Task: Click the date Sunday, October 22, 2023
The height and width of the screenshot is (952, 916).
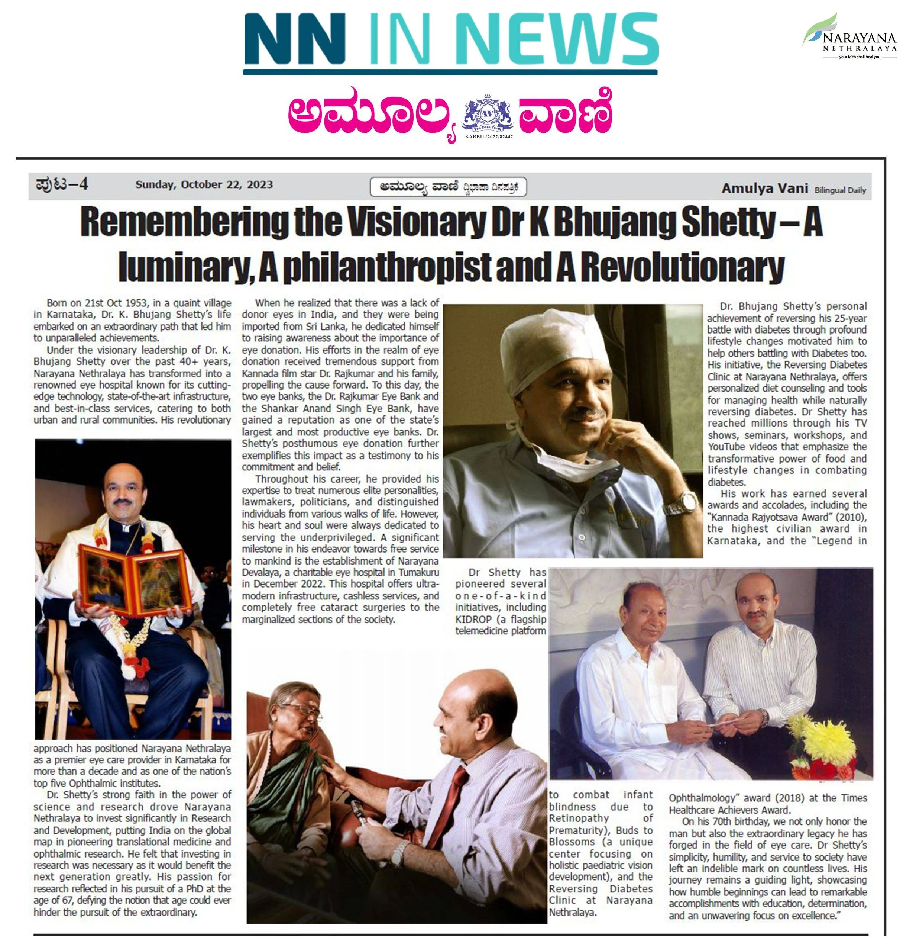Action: (x=204, y=184)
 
